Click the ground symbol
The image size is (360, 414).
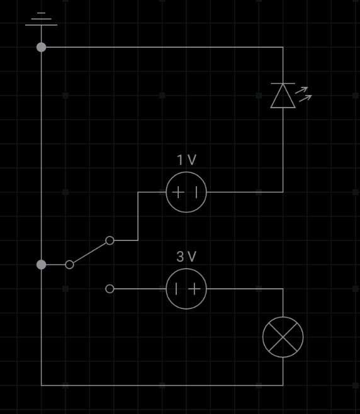[41, 19]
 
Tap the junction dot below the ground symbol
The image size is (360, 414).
[41, 47]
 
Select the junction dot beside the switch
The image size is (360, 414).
[41, 264]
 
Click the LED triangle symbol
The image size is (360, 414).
[283, 96]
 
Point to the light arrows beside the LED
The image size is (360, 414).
[303, 94]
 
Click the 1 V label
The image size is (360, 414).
[186, 160]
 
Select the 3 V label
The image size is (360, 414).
[186, 256]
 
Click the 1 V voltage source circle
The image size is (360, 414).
[186, 172]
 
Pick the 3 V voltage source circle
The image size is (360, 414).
[186, 269]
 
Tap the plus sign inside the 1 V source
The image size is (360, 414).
[178, 192]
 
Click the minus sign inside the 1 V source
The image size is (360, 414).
[196, 192]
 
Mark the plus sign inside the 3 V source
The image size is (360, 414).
[194, 289]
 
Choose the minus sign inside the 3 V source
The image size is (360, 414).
[176, 289]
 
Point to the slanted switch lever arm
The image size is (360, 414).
[89, 253]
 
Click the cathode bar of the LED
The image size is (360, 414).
[283, 84]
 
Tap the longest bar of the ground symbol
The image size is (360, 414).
[41, 25]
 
